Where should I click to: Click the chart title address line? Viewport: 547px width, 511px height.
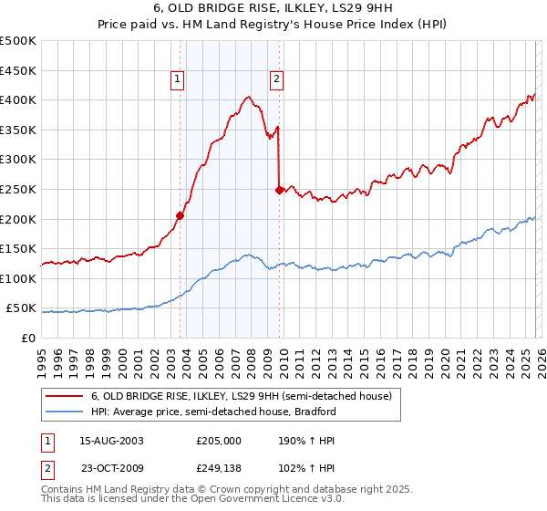273,8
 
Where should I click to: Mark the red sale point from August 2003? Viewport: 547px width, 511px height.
180,216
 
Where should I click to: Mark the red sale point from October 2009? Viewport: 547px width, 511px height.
279,190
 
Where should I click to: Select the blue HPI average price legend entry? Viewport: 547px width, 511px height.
214,412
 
